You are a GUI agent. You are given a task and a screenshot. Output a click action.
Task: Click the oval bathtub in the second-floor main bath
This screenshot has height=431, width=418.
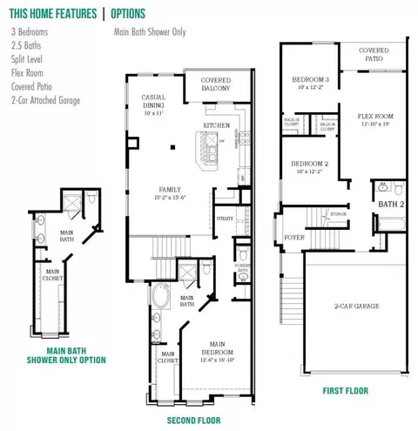pos(163,303)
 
